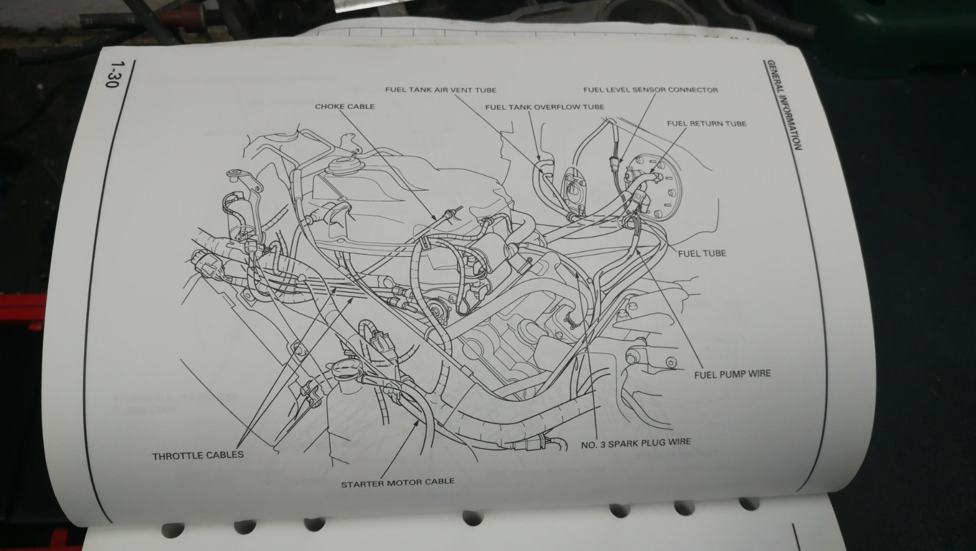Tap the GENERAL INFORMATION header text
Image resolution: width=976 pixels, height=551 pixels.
coord(783,105)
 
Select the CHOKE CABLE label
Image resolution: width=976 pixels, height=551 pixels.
coord(345,107)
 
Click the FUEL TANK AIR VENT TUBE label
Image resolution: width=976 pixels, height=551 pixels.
coord(440,90)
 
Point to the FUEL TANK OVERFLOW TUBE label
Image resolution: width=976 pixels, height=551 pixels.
coord(545,107)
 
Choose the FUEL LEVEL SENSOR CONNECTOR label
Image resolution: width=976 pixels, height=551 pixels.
coord(650,90)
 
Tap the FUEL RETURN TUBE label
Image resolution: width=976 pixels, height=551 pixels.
coord(706,124)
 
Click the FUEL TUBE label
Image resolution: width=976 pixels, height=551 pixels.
coord(702,254)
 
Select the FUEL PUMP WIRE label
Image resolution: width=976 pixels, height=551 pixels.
coord(732,374)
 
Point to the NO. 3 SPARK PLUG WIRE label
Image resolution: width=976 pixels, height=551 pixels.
coord(636,444)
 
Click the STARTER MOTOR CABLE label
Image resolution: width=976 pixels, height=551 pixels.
coord(397,483)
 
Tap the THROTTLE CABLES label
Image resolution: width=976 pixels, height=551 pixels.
coord(198,456)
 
